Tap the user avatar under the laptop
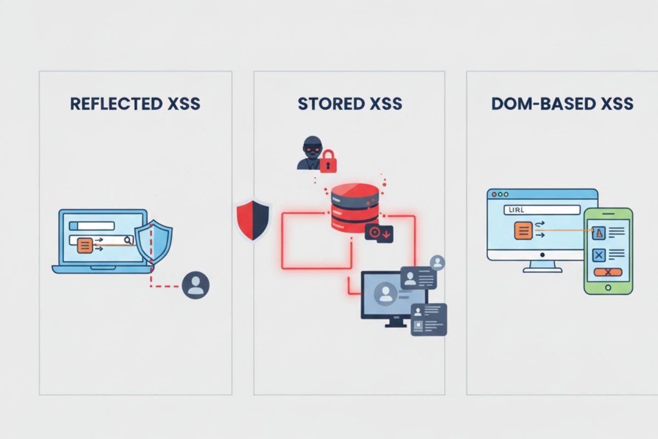pyautogui.click(x=195, y=285)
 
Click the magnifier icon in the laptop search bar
pyautogui.click(x=127, y=240)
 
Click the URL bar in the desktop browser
pyautogui.click(x=541, y=210)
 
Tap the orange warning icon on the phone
pyautogui.click(x=598, y=233)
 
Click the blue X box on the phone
pyautogui.click(x=598, y=255)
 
